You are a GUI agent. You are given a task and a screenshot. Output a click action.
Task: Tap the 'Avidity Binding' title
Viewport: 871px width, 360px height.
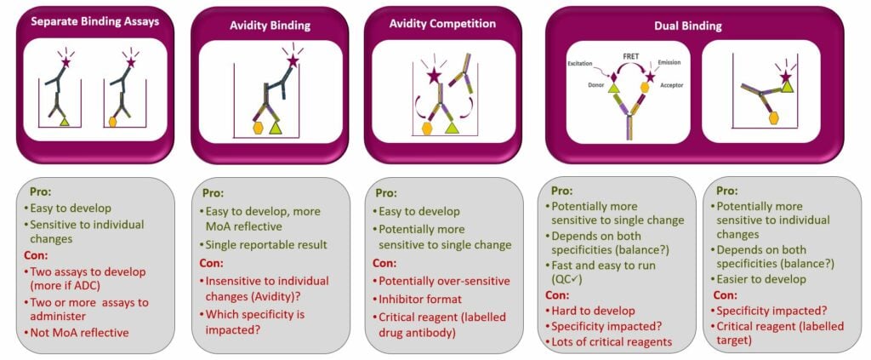(261, 27)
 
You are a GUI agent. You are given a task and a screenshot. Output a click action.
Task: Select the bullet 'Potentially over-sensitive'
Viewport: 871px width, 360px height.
(447, 281)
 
